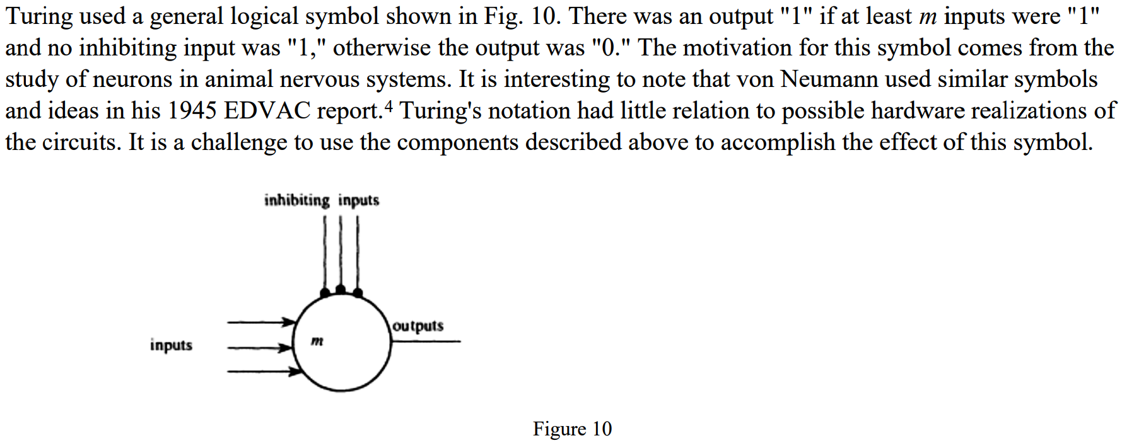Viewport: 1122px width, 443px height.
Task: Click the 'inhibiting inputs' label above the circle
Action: coord(322,200)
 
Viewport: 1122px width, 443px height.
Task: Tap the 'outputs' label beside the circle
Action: coord(418,326)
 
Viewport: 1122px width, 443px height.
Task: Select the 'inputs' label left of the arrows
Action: coord(171,345)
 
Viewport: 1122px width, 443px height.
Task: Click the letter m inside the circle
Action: coord(317,341)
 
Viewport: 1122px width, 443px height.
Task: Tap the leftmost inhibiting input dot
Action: coord(325,293)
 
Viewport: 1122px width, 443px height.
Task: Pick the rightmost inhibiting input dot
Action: coord(358,293)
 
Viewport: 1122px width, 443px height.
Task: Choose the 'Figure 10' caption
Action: coord(572,429)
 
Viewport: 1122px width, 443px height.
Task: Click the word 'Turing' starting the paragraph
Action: coord(39,17)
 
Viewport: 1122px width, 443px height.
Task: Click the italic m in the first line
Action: coord(928,17)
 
